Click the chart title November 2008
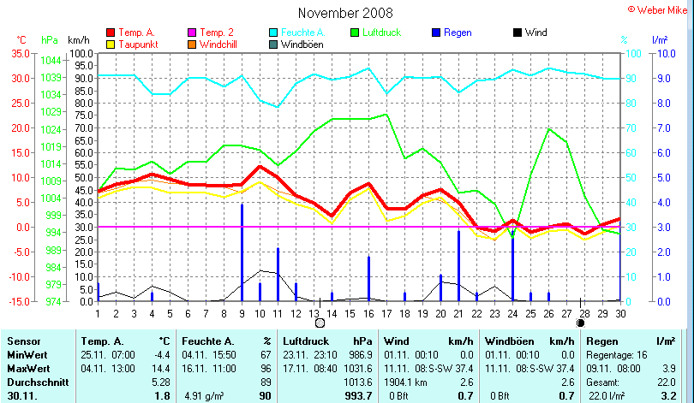(345, 13)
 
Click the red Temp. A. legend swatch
(111, 33)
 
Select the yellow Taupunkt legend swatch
(111, 44)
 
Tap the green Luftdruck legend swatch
(357, 33)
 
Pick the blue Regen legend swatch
(437, 33)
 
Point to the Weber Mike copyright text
(660, 8)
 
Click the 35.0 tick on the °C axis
(20, 53)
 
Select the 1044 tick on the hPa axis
(51, 60)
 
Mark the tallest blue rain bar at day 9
(242, 252)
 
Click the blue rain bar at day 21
(459, 265)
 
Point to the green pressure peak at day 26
(548, 129)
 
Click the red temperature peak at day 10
(260, 167)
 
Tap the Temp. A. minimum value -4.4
(162, 353)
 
